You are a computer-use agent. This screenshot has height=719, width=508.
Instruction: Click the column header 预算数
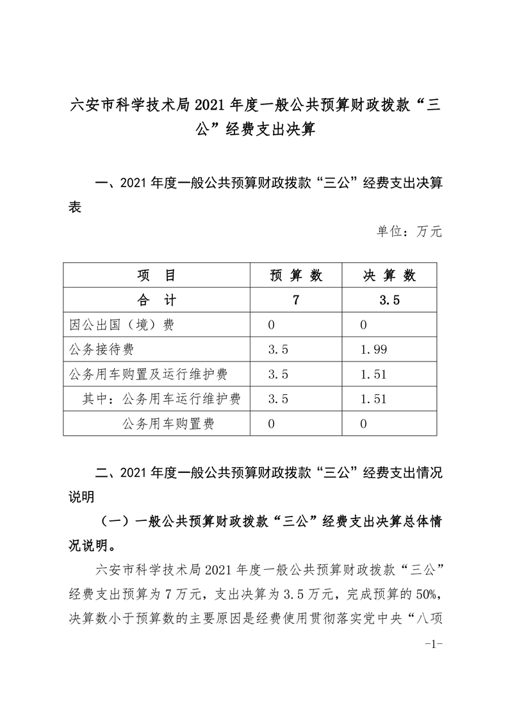(x=296, y=276)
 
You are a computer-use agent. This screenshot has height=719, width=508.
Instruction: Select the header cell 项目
(x=157, y=276)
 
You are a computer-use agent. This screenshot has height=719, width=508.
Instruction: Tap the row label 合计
(x=157, y=300)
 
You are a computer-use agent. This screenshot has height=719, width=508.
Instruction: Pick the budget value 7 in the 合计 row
(x=295, y=300)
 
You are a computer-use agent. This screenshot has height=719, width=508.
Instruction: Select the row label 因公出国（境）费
(x=121, y=325)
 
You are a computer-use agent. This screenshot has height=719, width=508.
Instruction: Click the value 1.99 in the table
(x=373, y=349)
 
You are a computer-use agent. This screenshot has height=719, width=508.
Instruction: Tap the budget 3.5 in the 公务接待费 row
(x=279, y=349)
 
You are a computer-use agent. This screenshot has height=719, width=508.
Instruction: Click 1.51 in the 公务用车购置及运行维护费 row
(x=373, y=374)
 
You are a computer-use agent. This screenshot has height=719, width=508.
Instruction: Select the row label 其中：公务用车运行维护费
(x=161, y=399)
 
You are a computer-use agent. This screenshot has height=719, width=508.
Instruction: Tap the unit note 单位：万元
(x=409, y=231)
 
